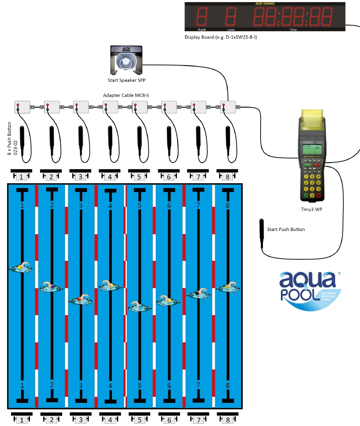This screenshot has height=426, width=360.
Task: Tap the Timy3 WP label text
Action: point(311,209)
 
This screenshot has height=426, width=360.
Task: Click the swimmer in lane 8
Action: point(228,286)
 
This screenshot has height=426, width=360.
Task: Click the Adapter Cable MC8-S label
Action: point(126,95)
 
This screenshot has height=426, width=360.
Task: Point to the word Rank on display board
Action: point(202,30)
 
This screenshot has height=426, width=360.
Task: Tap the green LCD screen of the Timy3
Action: point(312,150)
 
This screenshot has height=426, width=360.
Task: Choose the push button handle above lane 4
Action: point(110,137)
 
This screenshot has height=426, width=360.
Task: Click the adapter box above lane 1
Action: point(22,107)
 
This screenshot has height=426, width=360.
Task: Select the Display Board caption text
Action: point(220,37)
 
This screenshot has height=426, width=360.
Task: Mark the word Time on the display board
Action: point(293,30)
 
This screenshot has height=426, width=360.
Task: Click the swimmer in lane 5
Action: point(140,306)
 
